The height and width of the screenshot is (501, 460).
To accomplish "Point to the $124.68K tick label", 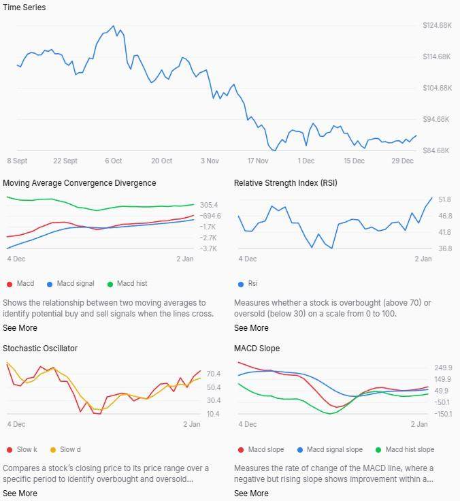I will tap(437, 25).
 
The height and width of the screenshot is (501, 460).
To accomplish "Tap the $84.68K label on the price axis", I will tap(437, 150).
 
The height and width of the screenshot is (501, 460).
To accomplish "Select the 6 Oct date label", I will tap(113, 161).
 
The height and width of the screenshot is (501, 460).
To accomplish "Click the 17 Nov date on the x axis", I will tap(258, 161).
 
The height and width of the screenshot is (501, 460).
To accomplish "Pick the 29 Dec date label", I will tap(402, 161).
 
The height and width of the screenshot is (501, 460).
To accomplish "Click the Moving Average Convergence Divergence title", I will tap(79, 183).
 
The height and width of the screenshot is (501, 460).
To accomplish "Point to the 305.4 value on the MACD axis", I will tap(209, 205).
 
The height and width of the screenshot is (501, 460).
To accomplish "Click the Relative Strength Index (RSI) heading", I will tap(285, 183).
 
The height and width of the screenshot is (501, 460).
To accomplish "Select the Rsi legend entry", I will tap(252, 284).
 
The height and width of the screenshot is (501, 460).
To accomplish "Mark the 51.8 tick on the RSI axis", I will tap(426, 199).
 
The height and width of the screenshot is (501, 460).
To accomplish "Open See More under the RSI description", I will tap(251, 328).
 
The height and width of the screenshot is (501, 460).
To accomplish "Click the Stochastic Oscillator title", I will tap(40, 349).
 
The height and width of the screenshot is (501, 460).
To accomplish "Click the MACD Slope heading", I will tap(257, 349).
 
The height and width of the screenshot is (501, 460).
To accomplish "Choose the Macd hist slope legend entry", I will tap(409, 449).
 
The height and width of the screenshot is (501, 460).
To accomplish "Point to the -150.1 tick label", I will tap(425, 414).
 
